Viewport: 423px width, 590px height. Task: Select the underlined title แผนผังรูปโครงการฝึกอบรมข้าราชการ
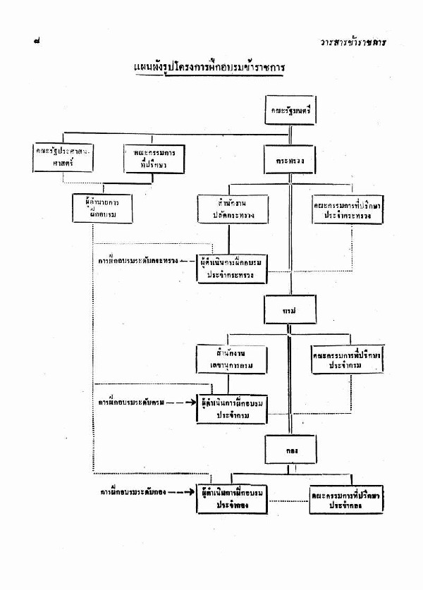[x=212, y=68]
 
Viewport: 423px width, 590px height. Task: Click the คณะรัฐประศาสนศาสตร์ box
[x=65, y=157]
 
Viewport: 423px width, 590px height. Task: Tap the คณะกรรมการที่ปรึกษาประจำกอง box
[x=346, y=500]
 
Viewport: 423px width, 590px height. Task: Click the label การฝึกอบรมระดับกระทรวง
[x=137, y=261]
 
